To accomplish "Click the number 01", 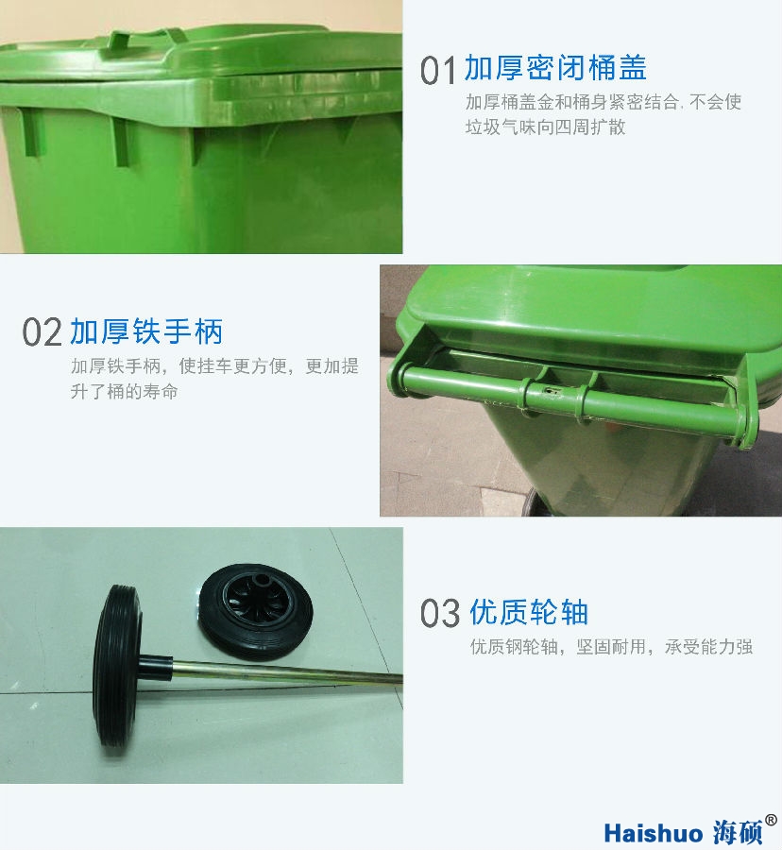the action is pyautogui.click(x=437, y=71).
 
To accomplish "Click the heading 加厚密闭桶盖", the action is pyautogui.click(x=555, y=68).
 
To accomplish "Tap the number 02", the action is pyautogui.click(x=42, y=332).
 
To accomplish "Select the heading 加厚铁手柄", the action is pyautogui.click(x=146, y=331).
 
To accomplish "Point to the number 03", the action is pyautogui.click(x=440, y=614).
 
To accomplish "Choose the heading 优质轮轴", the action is pyautogui.click(x=528, y=613).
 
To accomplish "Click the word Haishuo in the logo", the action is pyautogui.click(x=653, y=833).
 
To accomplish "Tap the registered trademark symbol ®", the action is pyautogui.click(x=771, y=820).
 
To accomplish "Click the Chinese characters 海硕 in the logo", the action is pyautogui.click(x=738, y=832).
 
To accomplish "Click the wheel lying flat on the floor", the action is pyautogui.click(x=255, y=611).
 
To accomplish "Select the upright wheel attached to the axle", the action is pyautogui.click(x=117, y=667).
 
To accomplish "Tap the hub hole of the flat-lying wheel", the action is pyautogui.click(x=263, y=581).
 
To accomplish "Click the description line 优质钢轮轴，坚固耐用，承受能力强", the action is pyautogui.click(x=611, y=647).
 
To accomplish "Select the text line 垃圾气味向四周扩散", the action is pyautogui.click(x=545, y=127).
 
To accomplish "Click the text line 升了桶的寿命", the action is pyautogui.click(x=124, y=391).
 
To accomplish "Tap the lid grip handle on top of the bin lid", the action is pyautogui.click(x=144, y=39).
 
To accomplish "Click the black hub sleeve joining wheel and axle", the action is pyautogui.click(x=156, y=668).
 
